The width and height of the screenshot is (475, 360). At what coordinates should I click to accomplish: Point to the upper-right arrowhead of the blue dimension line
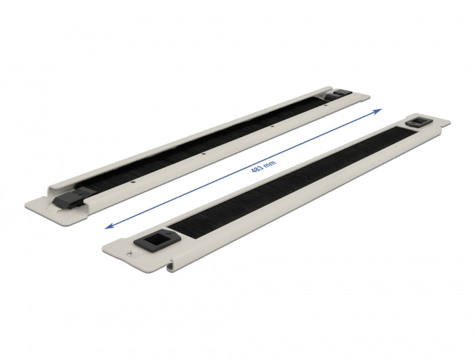[x=379, y=110]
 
